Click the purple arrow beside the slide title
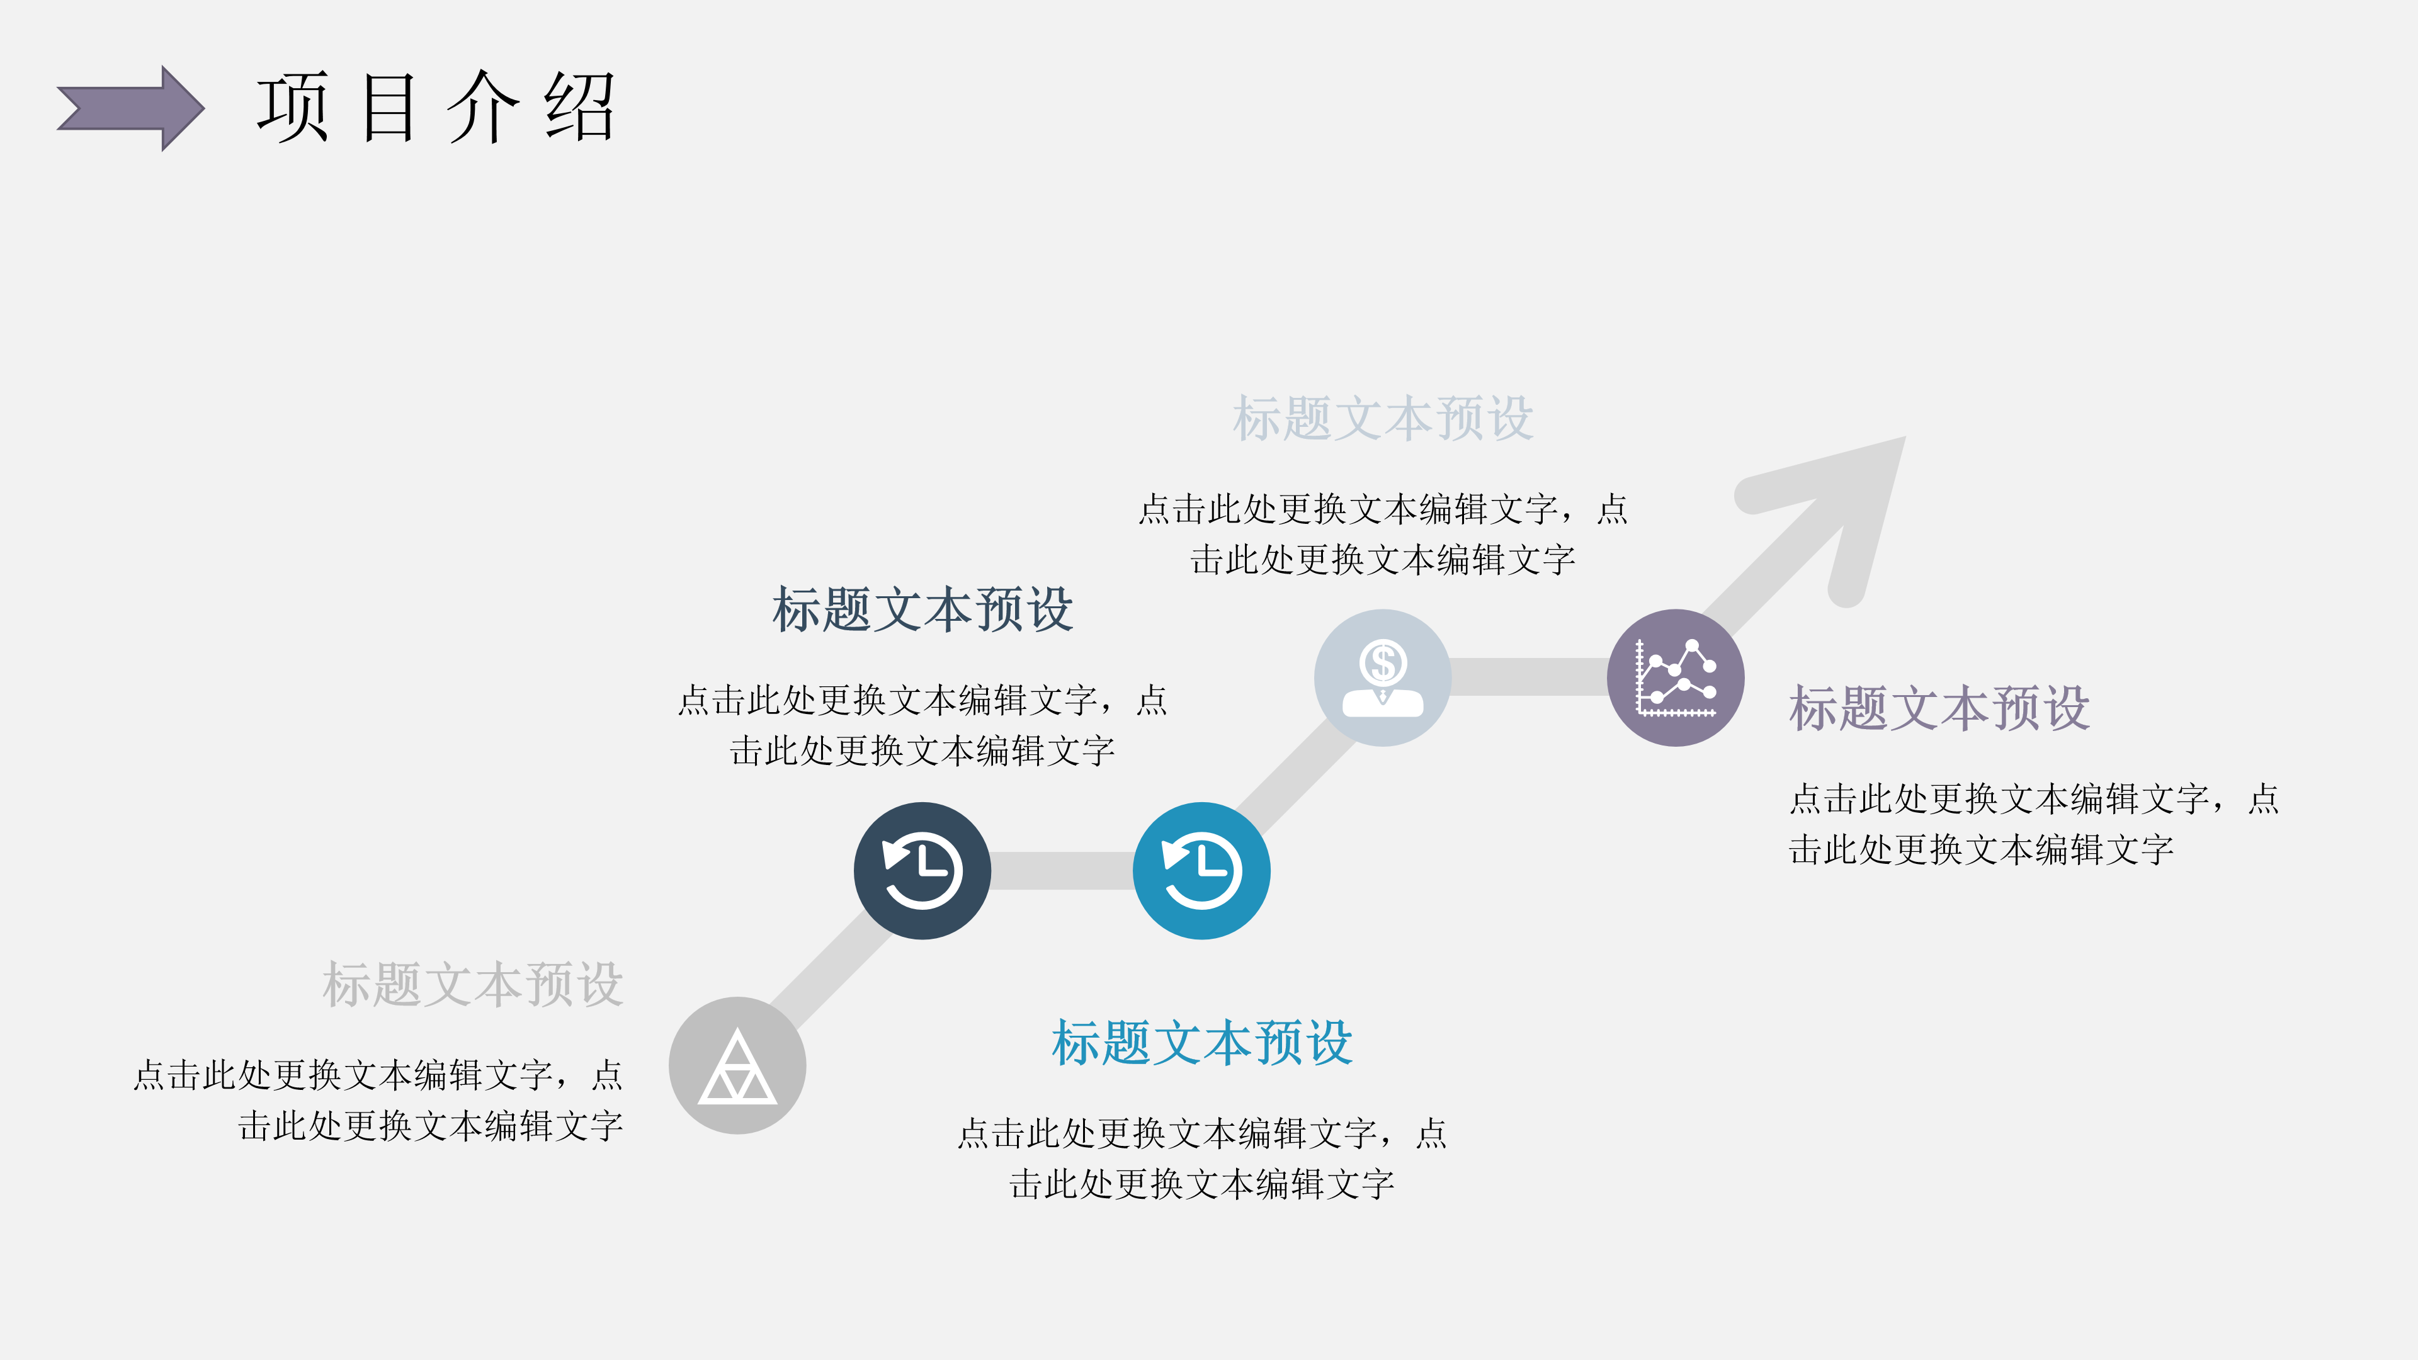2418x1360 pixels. coord(132,108)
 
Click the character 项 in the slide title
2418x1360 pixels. coord(292,107)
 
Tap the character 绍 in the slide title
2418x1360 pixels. coord(579,107)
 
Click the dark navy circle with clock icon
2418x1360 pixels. coord(922,870)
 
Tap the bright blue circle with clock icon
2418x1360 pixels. coord(1201,870)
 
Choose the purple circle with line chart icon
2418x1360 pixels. coord(1676,677)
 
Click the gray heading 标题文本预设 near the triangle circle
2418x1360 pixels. coord(472,985)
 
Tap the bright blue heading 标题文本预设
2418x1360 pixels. coord(1201,1043)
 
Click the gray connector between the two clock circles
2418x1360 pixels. coord(1062,870)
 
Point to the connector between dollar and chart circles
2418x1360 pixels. coord(1528,677)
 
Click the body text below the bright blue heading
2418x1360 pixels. coord(1201,1159)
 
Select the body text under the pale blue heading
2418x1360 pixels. coord(1383,534)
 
